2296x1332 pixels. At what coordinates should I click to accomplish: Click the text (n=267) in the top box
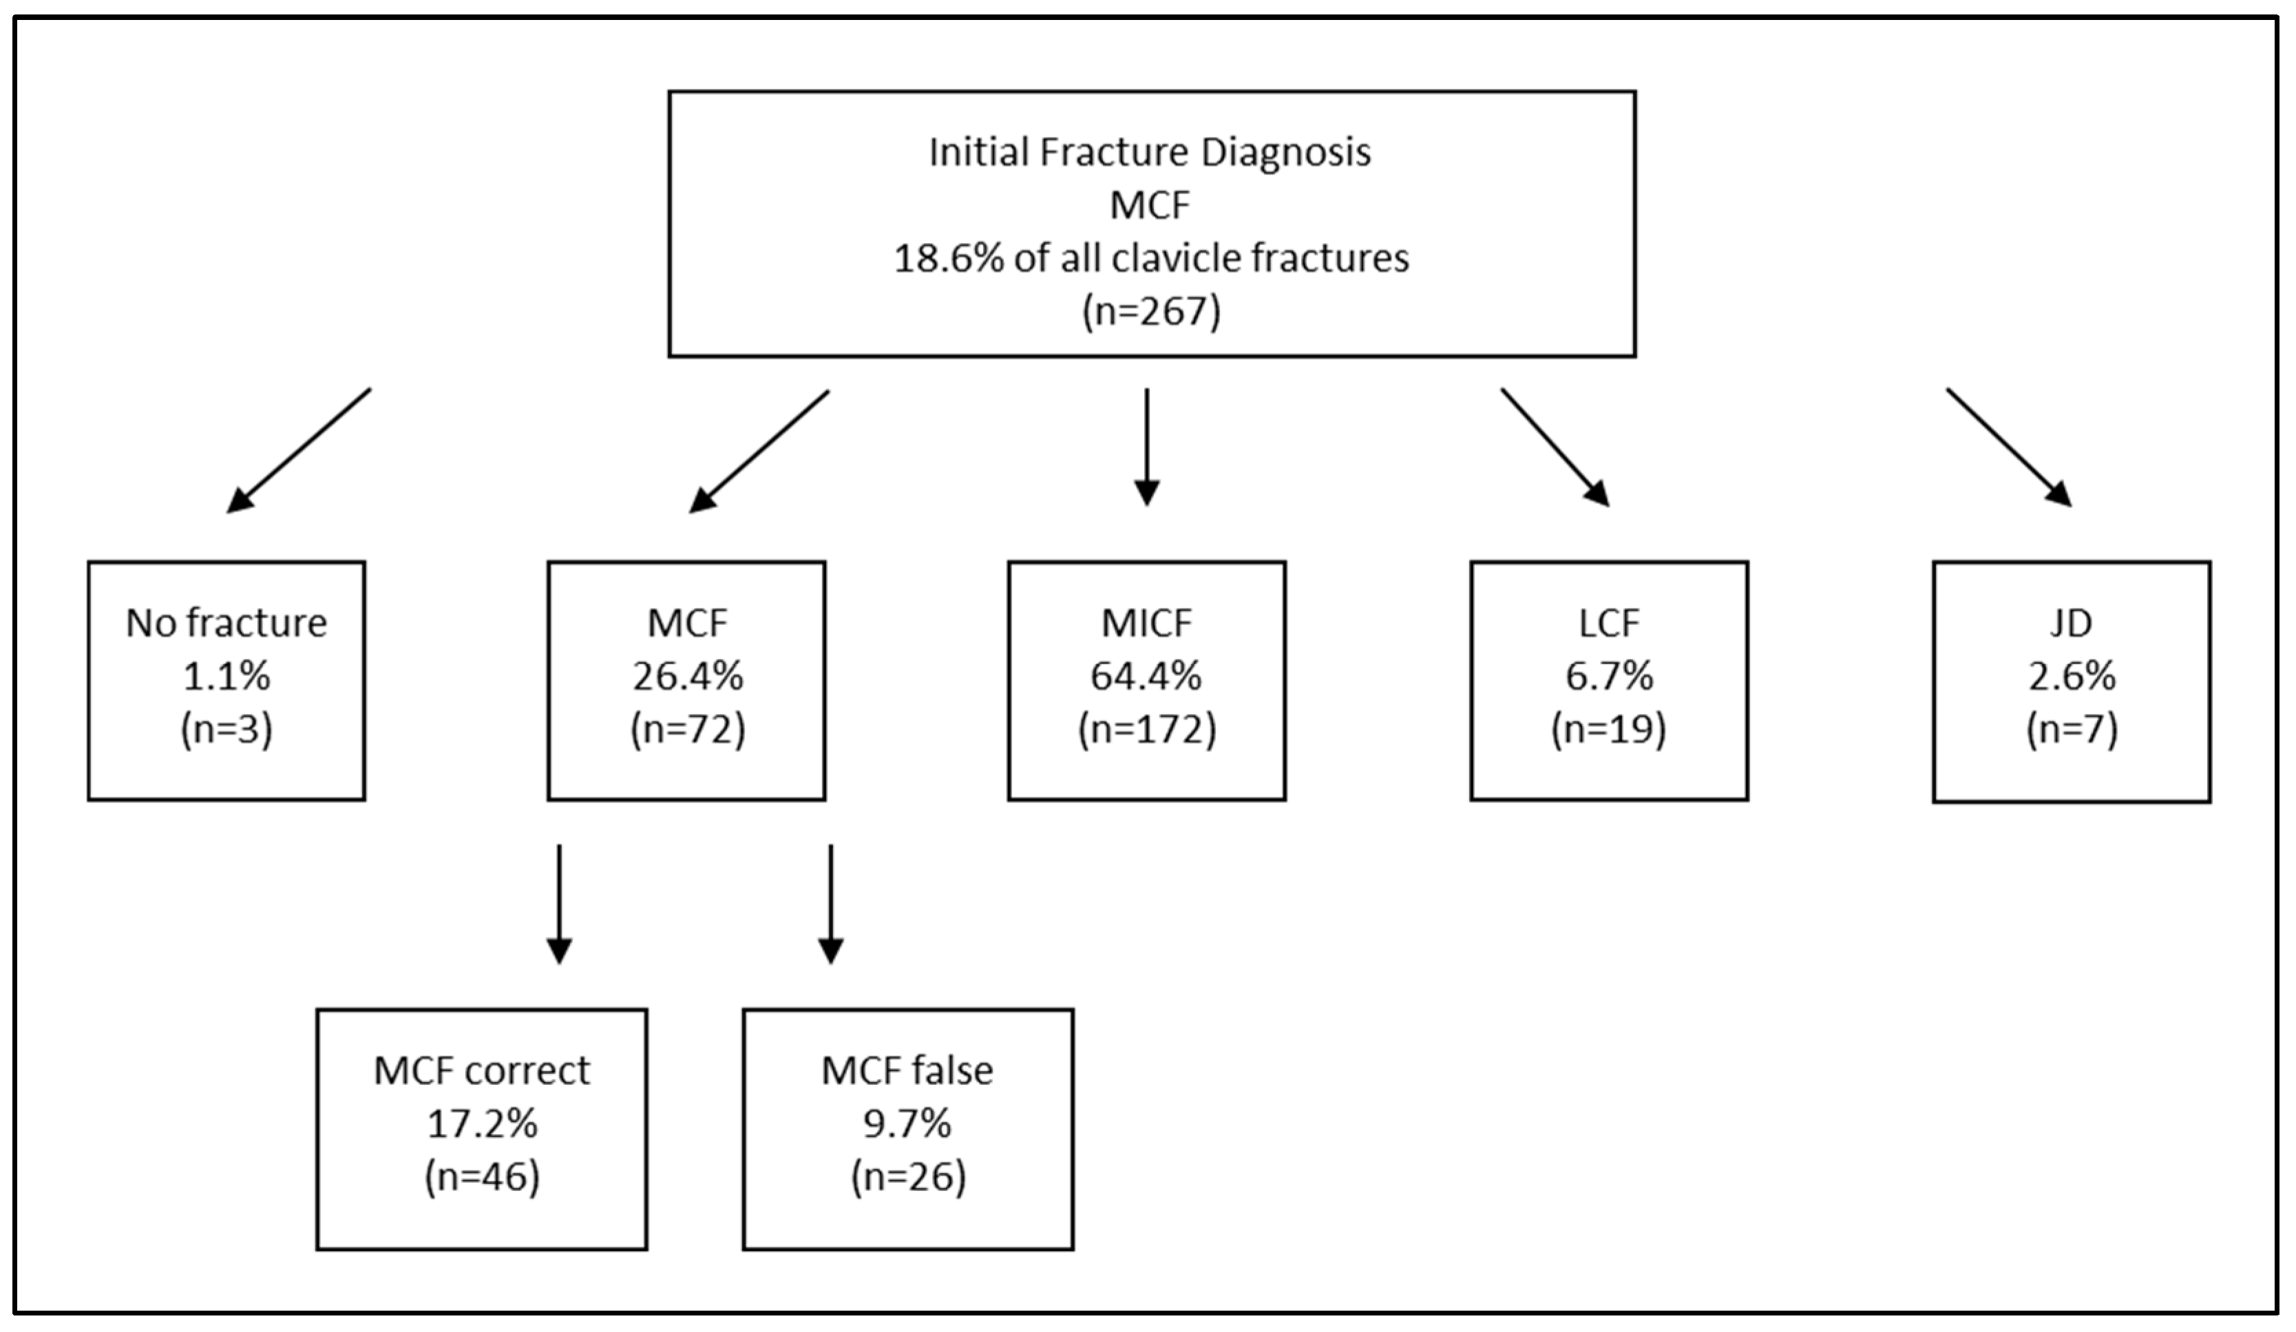1150,313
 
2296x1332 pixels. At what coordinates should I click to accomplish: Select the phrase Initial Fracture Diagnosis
1150,152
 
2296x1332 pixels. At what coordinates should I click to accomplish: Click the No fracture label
226,623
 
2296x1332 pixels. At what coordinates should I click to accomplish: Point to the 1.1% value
226,676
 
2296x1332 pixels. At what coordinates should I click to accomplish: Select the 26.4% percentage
688,676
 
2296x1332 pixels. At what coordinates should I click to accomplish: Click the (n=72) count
688,729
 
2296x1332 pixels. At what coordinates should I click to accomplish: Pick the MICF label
1146,623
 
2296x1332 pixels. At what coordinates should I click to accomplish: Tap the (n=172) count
1146,729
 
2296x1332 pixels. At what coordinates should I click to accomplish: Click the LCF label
1609,623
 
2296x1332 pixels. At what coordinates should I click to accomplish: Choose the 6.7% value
1609,676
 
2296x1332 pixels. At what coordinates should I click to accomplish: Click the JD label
2071,623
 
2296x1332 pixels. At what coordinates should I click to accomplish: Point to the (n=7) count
2071,729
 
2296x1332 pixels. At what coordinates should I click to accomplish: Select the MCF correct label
482,1070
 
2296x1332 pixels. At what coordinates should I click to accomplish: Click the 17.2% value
482,1124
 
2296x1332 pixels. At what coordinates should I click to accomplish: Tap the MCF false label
907,1070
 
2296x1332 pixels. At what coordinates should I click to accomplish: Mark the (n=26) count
907,1177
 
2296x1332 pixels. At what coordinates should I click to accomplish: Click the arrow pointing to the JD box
2009,447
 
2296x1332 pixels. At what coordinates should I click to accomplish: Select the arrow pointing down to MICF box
1146,447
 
